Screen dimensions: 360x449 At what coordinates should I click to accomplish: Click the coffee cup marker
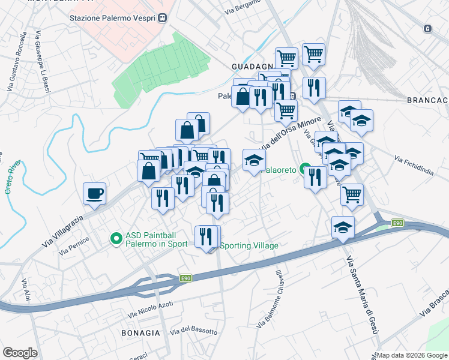[x=94, y=194]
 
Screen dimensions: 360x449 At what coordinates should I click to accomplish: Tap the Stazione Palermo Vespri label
[x=113, y=18]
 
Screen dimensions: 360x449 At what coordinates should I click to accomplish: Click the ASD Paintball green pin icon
[x=116, y=239]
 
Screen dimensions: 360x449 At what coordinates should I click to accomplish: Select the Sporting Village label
[x=250, y=246]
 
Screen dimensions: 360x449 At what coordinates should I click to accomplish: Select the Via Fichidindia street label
[x=414, y=166]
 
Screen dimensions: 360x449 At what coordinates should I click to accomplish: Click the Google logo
[x=20, y=353]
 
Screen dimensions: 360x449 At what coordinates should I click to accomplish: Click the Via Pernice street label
[x=74, y=244]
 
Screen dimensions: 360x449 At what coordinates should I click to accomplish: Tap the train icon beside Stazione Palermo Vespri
[x=163, y=18]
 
